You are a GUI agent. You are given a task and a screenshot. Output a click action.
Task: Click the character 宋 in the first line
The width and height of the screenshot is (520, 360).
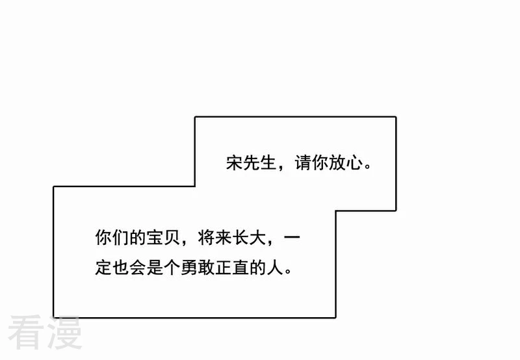(235, 162)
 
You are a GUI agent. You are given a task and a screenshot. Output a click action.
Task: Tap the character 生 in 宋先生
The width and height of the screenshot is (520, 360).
(268, 162)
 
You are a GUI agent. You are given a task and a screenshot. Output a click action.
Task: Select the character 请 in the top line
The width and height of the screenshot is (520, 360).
(303, 162)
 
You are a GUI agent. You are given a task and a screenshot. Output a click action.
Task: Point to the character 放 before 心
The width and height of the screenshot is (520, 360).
(337, 162)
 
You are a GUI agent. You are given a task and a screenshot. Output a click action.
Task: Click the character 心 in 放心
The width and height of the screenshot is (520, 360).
(354, 162)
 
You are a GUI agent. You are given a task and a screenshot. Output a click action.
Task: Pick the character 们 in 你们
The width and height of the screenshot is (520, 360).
(120, 237)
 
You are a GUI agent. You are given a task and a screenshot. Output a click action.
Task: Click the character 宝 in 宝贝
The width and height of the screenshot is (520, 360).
(155, 237)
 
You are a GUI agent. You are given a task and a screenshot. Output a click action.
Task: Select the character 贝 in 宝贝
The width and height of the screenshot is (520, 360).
(172, 237)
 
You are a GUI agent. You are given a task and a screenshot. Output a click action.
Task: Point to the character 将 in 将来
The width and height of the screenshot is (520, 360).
(206, 237)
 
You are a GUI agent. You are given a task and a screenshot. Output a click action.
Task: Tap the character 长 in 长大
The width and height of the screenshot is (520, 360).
(240, 237)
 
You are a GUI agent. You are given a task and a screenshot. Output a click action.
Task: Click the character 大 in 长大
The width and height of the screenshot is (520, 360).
(257, 237)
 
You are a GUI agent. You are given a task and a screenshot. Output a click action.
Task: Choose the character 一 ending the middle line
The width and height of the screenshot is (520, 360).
(292, 237)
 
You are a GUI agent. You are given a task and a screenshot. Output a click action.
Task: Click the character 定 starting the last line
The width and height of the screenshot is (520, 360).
(103, 268)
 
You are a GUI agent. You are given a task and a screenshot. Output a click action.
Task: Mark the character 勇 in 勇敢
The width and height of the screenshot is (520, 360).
(188, 268)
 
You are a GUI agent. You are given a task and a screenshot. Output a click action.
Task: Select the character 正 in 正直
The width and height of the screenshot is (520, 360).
(223, 268)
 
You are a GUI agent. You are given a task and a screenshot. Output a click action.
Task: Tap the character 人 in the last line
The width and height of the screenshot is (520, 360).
(274, 268)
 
